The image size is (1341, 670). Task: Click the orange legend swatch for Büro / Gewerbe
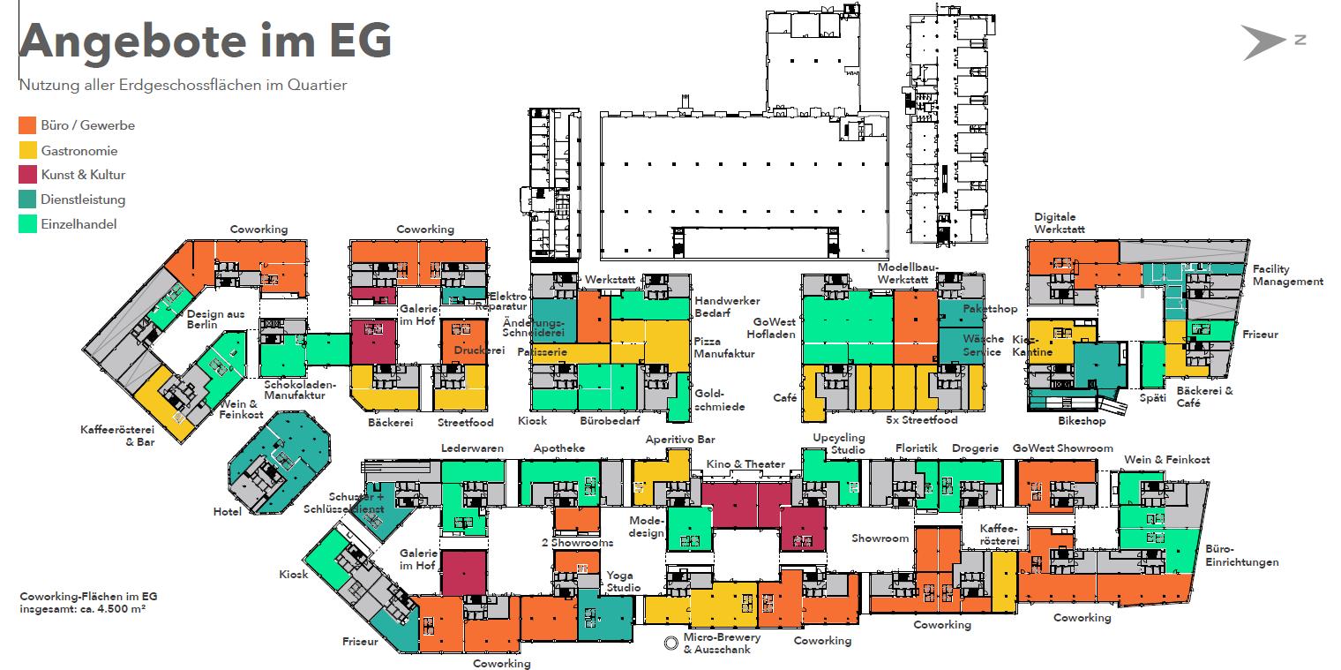click(27, 125)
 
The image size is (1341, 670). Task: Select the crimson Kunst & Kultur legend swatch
click(27, 175)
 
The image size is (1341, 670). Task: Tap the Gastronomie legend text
click(79, 150)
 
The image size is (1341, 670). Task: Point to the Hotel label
click(227, 512)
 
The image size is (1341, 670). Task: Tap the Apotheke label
click(558, 448)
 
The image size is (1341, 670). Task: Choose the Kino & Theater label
click(745, 464)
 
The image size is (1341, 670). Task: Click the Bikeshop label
click(1081, 422)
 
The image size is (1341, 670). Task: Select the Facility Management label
click(1287, 275)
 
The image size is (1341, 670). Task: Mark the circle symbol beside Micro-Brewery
click(671, 644)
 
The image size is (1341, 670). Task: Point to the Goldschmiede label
click(720, 400)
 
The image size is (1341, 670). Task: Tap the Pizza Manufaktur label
click(723, 347)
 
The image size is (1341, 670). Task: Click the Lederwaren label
click(472, 448)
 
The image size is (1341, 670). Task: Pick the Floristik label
click(916, 448)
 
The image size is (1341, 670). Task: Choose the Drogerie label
click(975, 448)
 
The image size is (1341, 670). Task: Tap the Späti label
click(1152, 398)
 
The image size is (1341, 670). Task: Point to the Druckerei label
click(479, 350)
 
